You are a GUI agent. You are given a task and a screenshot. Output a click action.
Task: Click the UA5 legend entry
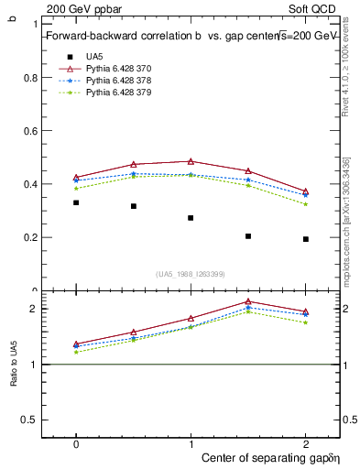[x=94, y=56]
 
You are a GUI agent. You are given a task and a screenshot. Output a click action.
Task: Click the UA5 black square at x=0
[x=76, y=202]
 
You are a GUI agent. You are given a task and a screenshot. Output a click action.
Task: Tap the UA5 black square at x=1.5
[x=248, y=236]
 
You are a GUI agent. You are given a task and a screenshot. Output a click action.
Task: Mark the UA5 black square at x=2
[x=306, y=239]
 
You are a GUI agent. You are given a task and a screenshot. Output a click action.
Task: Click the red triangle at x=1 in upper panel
[x=191, y=161]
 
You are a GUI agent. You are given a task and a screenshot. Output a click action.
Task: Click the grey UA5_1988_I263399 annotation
[x=191, y=274]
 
